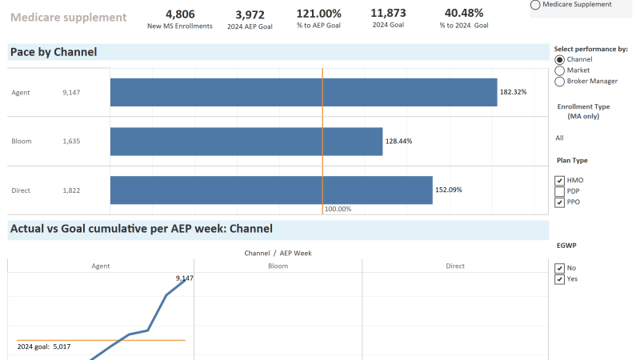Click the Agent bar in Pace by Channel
pos(304,92)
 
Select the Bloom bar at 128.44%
pos(246,142)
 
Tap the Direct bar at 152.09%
pos(271,190)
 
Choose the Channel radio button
pos(559,59)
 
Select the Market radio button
pos(559,70)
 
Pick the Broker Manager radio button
pos(559,81)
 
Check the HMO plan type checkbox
pos(560,181)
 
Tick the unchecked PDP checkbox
pos(560,191)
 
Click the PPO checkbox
pos(560,202)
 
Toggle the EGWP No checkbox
pos(560,268)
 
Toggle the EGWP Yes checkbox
pos(560,279)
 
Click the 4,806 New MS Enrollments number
pos(180,14)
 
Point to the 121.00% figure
pos(318,14)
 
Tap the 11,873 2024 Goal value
pos(388,14)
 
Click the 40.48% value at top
pos(464,14)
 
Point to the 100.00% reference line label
pos(338,209)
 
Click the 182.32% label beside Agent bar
pos(513,92)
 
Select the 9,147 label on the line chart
pos(184,278)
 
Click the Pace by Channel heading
pos(54,52)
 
